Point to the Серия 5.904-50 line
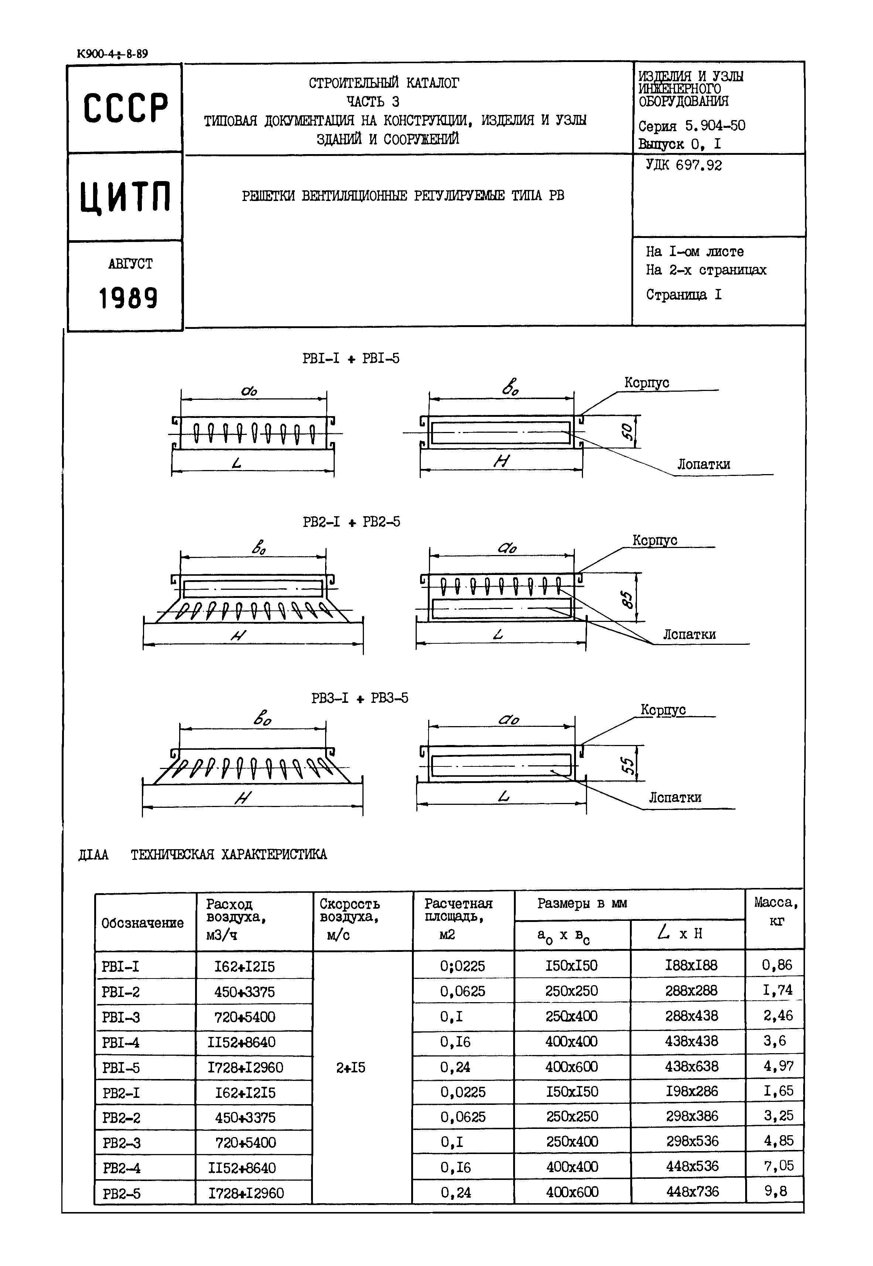click(691, 126)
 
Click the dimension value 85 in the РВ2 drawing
click(628, 601)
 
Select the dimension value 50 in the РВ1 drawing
click(628, 432)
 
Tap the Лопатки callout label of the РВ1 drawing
click(703, 464)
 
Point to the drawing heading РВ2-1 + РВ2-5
click(351, 522)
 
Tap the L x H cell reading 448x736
click(692, 1191)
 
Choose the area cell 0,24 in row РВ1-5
click(455, 1067)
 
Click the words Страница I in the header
click(684, 295)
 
